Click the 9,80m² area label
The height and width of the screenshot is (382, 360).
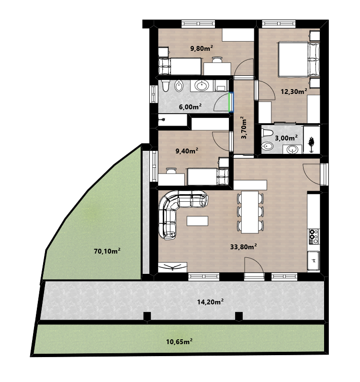(202, 48)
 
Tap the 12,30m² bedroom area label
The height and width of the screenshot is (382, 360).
(294, 92)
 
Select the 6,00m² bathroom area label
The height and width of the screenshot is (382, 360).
(190, 107)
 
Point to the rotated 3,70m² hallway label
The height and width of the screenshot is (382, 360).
(244, 127)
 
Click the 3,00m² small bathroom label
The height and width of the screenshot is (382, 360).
(286, 138)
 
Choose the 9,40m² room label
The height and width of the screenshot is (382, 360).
(187, 151)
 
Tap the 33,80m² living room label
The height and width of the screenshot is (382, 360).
(244, 247)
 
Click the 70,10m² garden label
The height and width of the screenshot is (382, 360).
(107, 251)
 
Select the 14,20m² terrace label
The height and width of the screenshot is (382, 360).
(211, 302)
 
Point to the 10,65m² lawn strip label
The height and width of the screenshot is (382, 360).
(180, 342)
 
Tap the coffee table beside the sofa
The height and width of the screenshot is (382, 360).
(197, 221)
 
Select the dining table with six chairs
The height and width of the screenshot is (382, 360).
(250, 212)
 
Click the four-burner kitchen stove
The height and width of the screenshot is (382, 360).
(314, 237)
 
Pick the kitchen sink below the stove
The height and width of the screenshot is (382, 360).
(314, 261)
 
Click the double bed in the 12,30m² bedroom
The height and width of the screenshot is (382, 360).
(299, 59)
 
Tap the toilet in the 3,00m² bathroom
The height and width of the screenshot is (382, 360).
(267, 133)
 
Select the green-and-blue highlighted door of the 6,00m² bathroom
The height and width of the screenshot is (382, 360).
(231, 102)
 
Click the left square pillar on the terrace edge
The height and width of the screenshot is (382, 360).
(147, 316)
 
